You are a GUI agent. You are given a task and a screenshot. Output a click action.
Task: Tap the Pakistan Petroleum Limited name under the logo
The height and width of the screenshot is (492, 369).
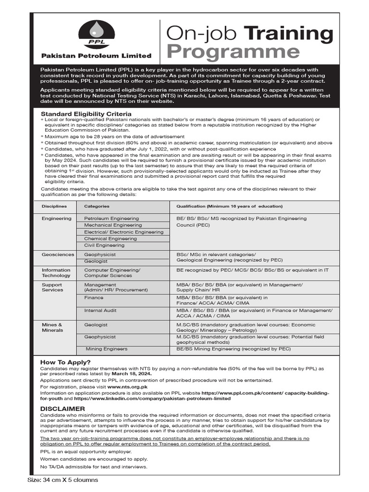click(x=96, y=56)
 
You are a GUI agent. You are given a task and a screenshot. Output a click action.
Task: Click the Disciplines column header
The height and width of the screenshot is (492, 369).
click(x=54, y=206)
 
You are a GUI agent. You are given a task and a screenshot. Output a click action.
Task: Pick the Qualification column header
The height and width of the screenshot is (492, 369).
click(x=229, y=206)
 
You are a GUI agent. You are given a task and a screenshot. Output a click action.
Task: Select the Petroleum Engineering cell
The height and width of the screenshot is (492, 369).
click(x=111, y=219)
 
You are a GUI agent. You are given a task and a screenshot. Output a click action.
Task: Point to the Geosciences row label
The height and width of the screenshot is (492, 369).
click(x=58, y=255)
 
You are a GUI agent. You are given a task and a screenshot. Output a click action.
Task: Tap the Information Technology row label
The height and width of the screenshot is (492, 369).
click(x=56, y=273)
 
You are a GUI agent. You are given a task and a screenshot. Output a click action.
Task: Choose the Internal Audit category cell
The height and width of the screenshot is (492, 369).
click(x=100, y=311)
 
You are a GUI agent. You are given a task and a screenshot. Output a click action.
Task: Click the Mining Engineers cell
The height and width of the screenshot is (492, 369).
click(x=107, y=349)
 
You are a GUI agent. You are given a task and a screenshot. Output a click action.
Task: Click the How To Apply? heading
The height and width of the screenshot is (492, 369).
click(x=65, y=362)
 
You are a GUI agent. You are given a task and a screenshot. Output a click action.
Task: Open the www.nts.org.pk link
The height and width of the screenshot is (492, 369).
click(x=127, y=386)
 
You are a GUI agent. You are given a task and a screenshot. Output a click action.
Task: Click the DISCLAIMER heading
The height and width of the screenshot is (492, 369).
click(x=62, y=408)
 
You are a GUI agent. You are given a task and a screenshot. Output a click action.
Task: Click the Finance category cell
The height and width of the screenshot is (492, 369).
click(x=94, y=298)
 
